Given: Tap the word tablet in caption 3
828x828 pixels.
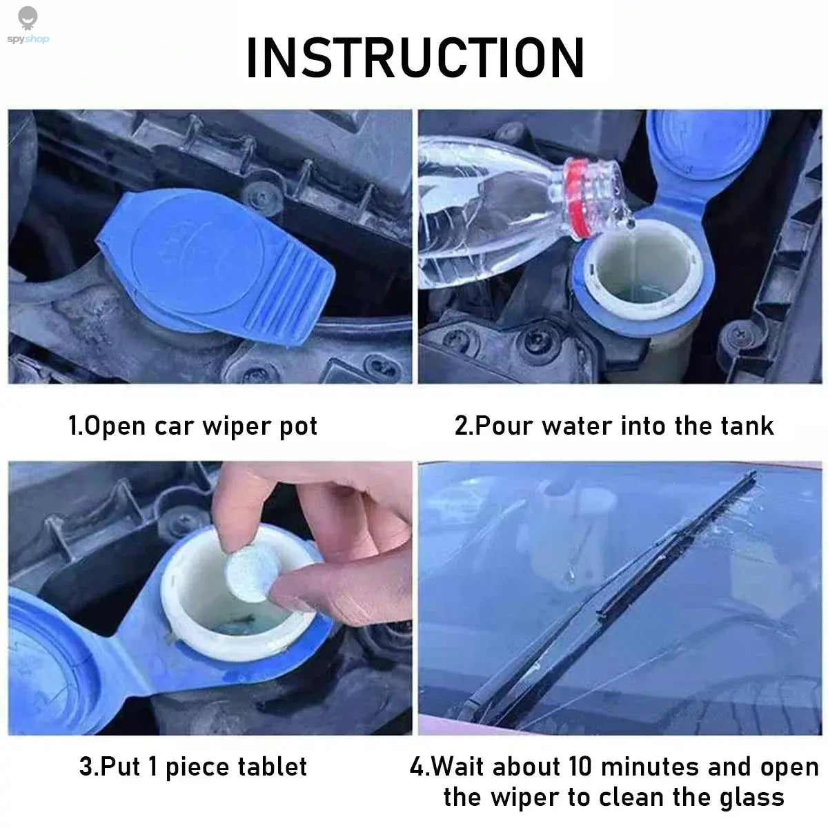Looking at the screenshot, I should [272, 767].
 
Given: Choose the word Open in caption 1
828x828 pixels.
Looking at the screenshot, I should [114, 426].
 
